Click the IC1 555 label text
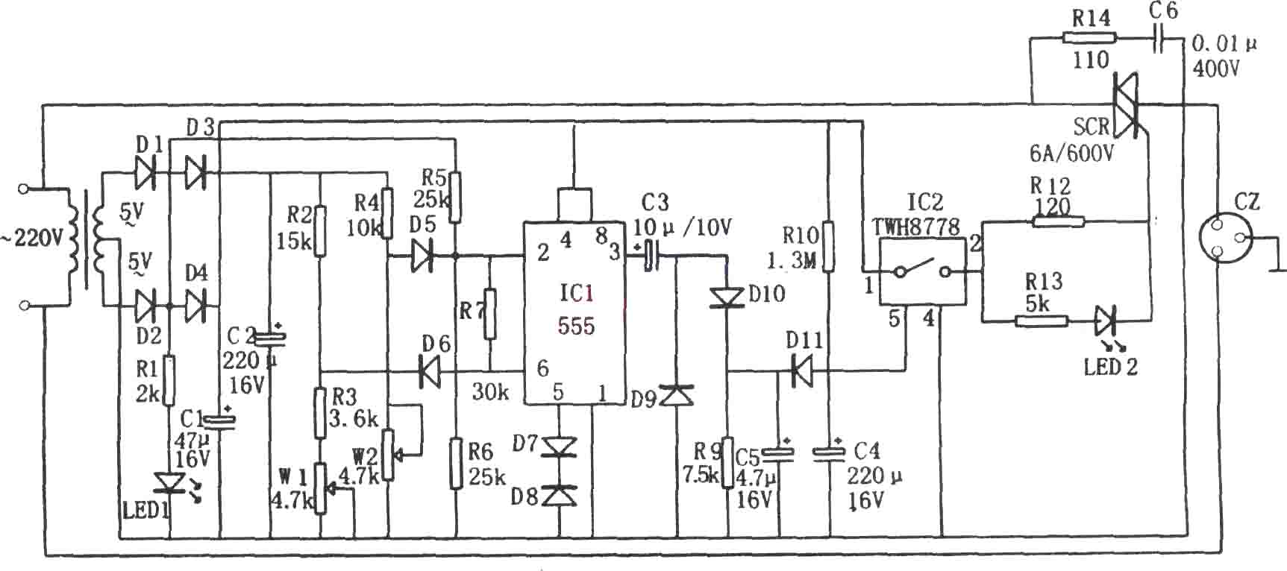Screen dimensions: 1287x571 pyautogui.click(x=577, y=309)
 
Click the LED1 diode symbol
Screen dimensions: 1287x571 pyautogui.click(x=170, y=482)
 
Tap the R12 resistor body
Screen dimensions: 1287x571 pyautogui.click(x=1058, y=221)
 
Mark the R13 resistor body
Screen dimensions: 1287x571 pyautogui.click(x=1041, y=321)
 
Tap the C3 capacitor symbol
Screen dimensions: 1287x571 pyautogui.click(x=652, y=256)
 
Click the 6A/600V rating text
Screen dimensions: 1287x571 pyautogui.click(x=1072, y=153)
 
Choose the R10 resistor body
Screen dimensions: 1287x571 pyautogui.click(x=827, y=247)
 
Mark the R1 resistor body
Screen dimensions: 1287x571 pyautogui.click(x=170, y=380)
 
